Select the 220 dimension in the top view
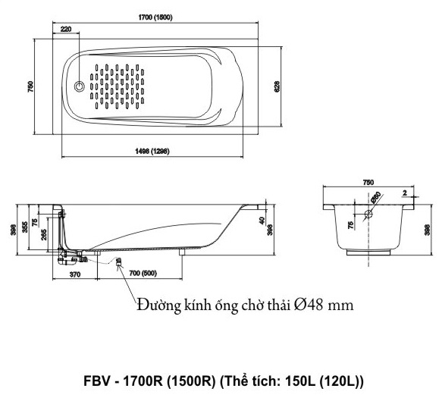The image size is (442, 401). pyautogui.click(x=65, y=30)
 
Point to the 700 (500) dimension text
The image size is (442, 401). pyautogui.click(x=139, y=273)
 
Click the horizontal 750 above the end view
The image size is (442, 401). pyautogui.click(x=368, y=183)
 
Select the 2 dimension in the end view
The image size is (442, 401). pyautogui.click(x=405, y=193)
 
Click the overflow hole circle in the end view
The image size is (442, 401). pyautogui.click(x=368, y=215)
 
